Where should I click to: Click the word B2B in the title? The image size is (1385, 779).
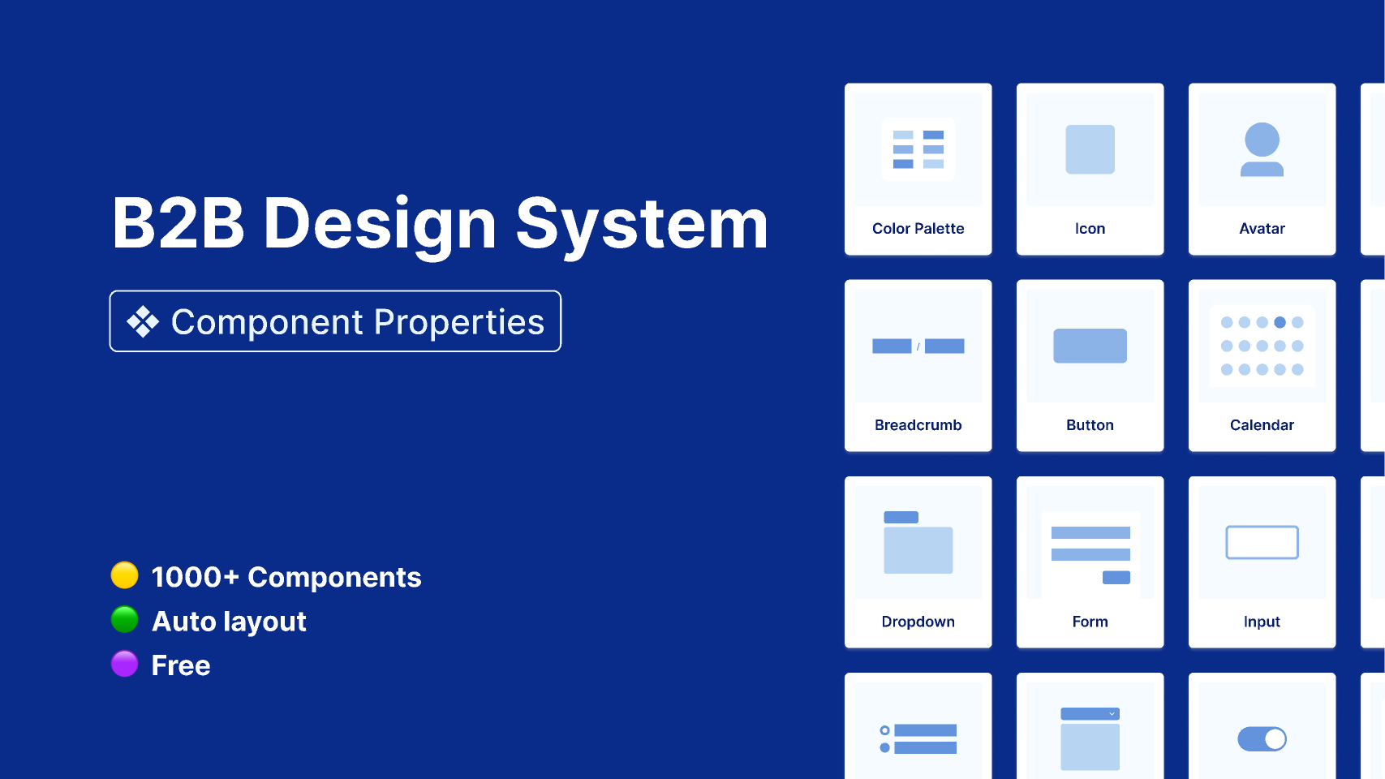(x=178, y=223)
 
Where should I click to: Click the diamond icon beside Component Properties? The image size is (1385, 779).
(x=143, y=321)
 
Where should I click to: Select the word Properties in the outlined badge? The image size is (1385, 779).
(x=458, y=322)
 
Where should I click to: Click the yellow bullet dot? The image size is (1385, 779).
(x=124, y=575)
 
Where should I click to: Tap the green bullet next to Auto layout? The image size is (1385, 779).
(x=124, y=619)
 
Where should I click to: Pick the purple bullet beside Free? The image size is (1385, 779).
(x=124, y=664)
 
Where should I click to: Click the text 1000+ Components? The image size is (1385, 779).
(x=286, y=578)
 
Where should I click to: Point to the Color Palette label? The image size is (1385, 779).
(x=918, y=229)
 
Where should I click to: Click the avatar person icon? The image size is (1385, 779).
(x=1262, y=149)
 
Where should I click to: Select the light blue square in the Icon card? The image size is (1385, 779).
(x=1090, y=149)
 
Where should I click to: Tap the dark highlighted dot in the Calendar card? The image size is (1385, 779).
(x=1280, y=322)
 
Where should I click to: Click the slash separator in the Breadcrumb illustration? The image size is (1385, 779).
(x=918, y=346)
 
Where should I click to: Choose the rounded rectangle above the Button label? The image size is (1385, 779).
(x=1090, y=346)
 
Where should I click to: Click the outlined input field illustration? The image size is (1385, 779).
(x=1262, y=542)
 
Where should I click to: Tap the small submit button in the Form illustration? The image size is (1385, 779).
(x=1116, y=578)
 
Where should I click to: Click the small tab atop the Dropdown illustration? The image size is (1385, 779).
(x=901, y=518)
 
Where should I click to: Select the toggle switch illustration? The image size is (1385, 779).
(x=1262, y=738)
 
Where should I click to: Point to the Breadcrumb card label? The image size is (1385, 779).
(x=918, y=425)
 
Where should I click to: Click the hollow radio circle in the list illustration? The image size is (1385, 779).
(x=884, y=730)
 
